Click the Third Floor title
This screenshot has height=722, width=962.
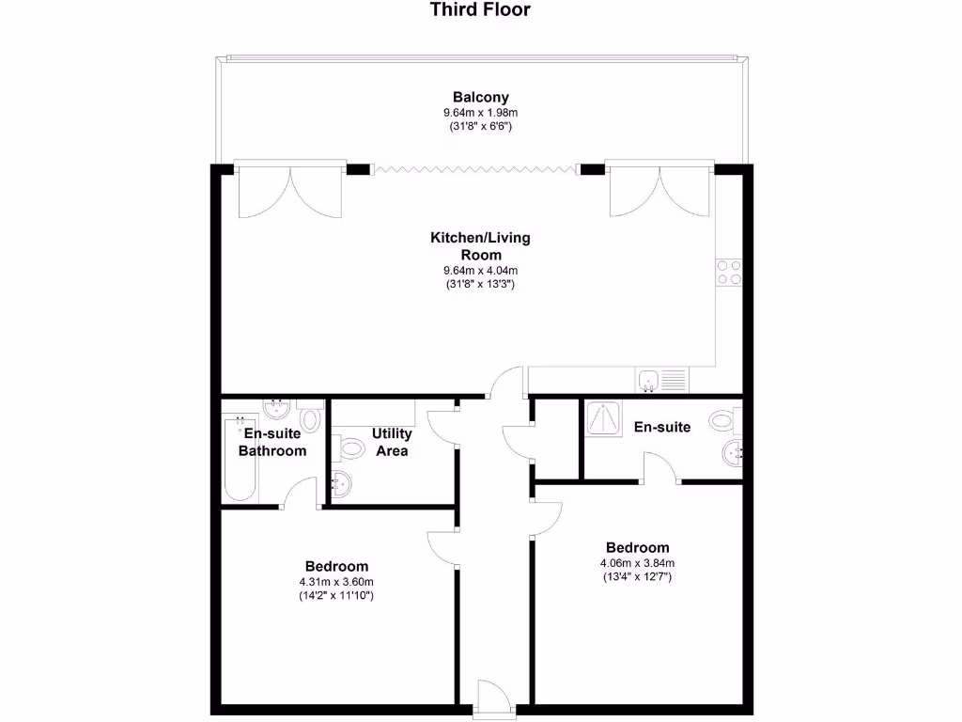pos(480,10)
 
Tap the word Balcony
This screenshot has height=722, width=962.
pos(480,97)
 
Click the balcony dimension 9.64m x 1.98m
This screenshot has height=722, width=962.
pos(480,113)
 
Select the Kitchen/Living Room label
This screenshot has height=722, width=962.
pos(480,246)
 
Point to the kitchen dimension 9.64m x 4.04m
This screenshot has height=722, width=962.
pos(480,272)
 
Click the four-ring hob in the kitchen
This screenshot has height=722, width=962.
pos(730,272)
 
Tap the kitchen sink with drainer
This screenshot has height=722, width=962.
pos(661,381)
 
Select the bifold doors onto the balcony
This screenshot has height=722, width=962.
pos(473,169)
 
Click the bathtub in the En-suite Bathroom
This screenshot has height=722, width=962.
pos(233,457)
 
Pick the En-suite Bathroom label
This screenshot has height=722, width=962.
pos(272,442)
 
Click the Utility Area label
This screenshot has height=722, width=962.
pos(391,442)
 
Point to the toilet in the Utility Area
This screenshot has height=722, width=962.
pos(349,447)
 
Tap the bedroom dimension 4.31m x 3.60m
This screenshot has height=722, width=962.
pos(336,582)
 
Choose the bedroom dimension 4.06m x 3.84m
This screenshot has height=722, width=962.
pos(637,564)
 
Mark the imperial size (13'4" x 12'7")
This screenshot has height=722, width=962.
pos(637,577)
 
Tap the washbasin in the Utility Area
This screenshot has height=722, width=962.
pos(342,485)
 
